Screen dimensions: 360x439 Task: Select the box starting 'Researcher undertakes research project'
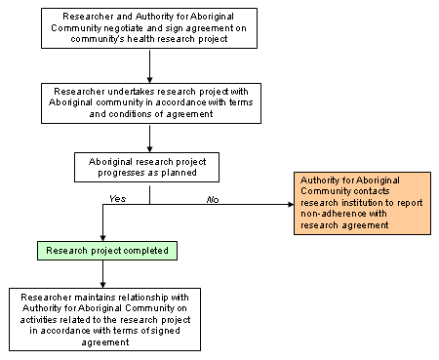click(x=149, y=102)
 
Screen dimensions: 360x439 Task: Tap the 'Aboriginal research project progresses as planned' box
click(x=149, y=166)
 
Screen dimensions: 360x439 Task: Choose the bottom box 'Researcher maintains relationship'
click(x=103, y=319)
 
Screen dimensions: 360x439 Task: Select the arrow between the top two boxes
click(x=149, y=66)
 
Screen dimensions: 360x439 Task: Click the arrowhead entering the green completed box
click(x=103, y=237)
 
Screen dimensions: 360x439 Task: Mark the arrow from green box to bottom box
click(x=103, y=274)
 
